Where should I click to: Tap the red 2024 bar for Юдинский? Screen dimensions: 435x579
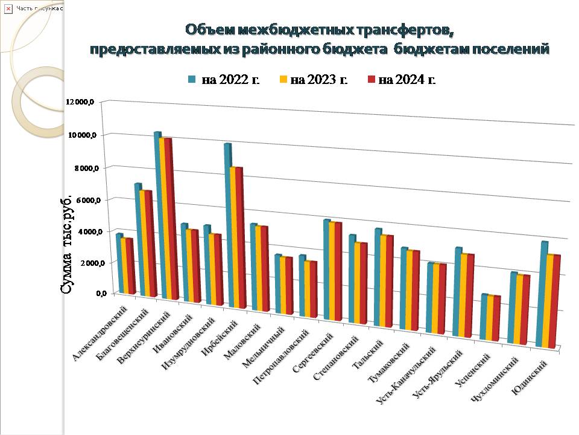[x=556, y=302]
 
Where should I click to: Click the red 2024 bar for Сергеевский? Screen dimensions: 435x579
[x=338, y=272]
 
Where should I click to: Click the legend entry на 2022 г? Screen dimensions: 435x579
[x=224, y=79]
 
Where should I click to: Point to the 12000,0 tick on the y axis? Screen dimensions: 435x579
[x=81, y=102]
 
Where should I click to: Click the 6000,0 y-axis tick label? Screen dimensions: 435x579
[x=83, y=200]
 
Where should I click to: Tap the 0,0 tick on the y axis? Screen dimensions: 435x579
[x=88, y=294]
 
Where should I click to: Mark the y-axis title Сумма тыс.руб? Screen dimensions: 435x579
[x=68, y=245]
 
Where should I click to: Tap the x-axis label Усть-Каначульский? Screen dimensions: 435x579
[x=406, y=375]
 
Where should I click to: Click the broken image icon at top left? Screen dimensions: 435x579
[x=8, y=8]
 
